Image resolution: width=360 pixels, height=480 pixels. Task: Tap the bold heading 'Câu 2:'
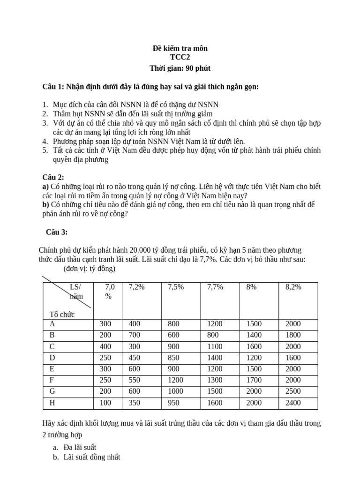coord(53,177)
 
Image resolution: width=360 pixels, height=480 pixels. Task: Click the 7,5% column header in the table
coord(175,287)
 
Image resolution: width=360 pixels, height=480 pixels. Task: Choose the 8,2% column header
coord(293,287)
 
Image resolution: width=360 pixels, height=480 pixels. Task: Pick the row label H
coord(52,402)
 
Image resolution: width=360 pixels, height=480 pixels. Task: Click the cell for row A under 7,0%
coord(105,324)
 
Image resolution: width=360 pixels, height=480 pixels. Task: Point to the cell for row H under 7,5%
coord(175,402)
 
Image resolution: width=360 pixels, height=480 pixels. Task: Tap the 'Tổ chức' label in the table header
coord(62,314)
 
